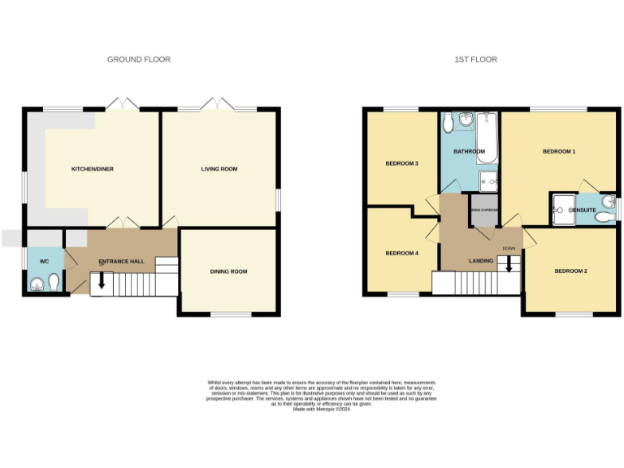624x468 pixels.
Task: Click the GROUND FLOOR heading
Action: click(x=139, y=59)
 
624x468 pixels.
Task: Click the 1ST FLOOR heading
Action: click(x=476, y=59)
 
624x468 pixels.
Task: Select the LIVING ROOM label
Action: click(x=219, y=169)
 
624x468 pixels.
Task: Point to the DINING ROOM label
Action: click(x=228, y=271)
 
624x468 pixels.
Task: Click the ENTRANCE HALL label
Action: click(x=121, y=262)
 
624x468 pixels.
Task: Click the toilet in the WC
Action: click(x=53, y=281)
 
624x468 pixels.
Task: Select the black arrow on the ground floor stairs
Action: click(x=102, y=280)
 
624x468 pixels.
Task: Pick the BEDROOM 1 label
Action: click(x=559, y=152)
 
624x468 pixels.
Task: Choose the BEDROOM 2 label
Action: click(x=570, y=271)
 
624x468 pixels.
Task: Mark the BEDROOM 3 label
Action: click(x=401, y=163)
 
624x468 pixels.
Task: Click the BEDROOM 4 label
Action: click(x=401, y=253)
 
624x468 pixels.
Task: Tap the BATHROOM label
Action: click(x=469, y=152)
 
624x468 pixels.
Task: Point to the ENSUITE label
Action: click(x=583, y=210)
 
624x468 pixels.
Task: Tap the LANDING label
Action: click(x=481, y=261)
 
